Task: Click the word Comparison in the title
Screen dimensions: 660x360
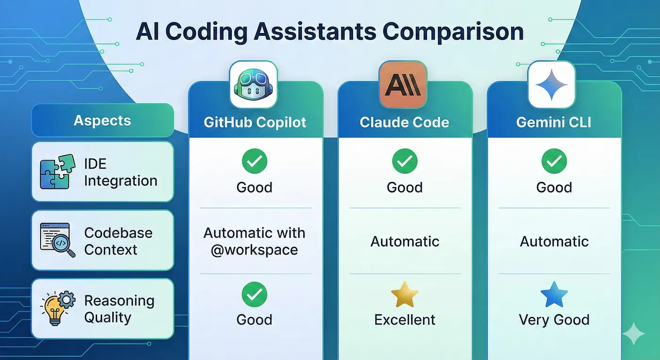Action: (453, 32)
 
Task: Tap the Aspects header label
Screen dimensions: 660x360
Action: (102, 121)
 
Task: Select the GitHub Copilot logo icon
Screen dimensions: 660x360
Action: (254, 85)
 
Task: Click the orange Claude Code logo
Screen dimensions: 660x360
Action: (403, 85)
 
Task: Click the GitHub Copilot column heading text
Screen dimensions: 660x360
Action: (255, 122)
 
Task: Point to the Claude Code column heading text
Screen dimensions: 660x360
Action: (404, 122)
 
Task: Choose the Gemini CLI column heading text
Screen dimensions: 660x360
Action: (553, 122)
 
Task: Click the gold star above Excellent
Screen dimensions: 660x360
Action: (404, 295)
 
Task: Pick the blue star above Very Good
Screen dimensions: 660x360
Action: (554, 295)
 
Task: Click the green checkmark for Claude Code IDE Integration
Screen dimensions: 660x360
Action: (404, 161)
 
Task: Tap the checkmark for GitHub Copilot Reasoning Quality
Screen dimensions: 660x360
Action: (254, 295)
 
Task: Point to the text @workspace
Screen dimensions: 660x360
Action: (254, 250)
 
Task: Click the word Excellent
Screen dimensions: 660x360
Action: (404, 319)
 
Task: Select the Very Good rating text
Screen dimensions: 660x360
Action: (554, 319)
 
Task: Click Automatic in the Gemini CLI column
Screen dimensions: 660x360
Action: (554, 242)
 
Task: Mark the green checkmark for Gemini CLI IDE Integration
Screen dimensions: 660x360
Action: (554, 161)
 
